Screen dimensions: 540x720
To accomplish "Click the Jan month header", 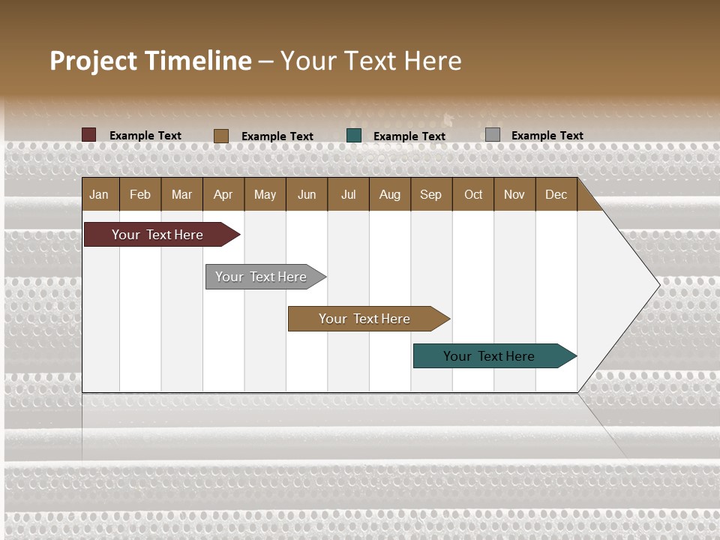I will click(99, 195).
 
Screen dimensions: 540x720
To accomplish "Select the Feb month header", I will click(140, 195).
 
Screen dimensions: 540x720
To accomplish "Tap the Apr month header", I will click(223, 195).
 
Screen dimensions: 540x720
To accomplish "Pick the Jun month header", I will click(307, 195).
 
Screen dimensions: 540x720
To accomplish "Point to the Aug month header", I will click(389, 195).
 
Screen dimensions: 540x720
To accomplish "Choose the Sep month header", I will click(430, 195).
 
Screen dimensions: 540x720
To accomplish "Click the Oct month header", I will click(473, 195).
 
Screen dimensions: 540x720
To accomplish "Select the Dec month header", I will click(556, 195).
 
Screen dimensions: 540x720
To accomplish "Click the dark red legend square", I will click(88, 135).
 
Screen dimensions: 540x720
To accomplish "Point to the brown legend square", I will click(220, 136).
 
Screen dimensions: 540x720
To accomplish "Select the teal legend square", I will click(354, 136).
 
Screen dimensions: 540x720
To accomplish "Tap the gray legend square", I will click(492, 135).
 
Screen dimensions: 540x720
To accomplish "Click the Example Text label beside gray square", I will click(547, 136).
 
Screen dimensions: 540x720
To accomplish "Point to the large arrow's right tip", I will click(658, 284).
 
